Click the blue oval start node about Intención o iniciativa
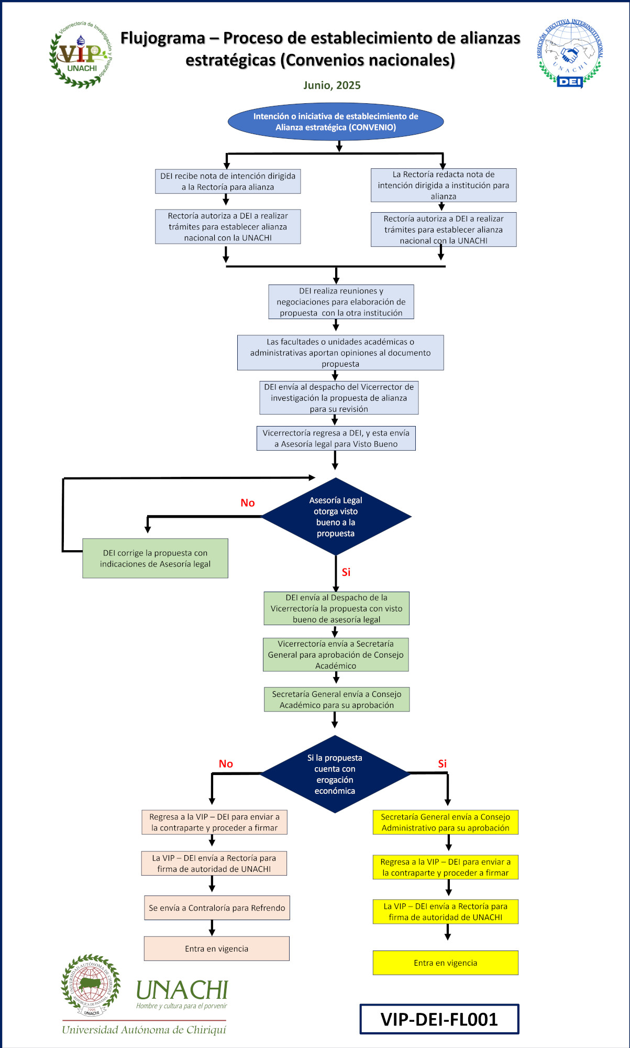pos(336,122)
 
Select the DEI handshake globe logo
pos(570,53)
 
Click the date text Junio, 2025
pos(332,85)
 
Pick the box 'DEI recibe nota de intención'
pos(228,181)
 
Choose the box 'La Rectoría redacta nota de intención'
pos(444,185)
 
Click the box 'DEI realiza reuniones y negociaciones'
pos(341,302)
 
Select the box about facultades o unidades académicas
pos(340,353)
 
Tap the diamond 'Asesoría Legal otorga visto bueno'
pos(336,517)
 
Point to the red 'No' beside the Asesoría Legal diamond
pos(248,503)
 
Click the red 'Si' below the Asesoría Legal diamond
pos(346,572)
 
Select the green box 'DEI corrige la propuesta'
pos(155,559)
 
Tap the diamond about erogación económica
pos(335,774)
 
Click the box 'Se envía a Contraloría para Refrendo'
pos(217,908)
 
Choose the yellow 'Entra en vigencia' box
pos(445,963)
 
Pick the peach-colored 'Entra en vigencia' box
pos(216,948)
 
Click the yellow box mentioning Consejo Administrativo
pos(445,822)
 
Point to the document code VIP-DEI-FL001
pos(439,1019)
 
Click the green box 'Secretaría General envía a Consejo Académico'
pos(337,700)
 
